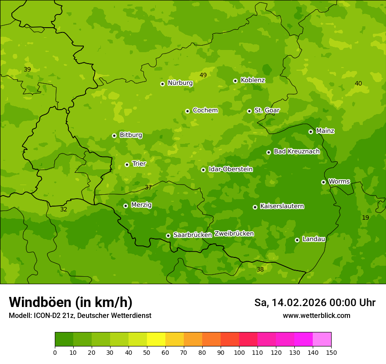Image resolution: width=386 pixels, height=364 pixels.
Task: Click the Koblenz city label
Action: click(x=253, y=80)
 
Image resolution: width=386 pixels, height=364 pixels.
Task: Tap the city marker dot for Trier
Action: click(x=127, y=164)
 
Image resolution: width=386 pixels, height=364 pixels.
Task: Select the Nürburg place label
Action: click(x=180, y=83)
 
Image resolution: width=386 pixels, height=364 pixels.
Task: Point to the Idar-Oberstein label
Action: click(x=230, y=169)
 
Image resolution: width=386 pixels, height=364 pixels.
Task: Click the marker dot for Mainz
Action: click(x=311, y=132)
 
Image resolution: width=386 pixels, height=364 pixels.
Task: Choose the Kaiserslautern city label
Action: click(x=282, y=206)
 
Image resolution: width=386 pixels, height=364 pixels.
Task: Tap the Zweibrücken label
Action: click(x=234, y=234)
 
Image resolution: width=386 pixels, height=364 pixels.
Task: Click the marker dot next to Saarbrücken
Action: click(x=168, y=236)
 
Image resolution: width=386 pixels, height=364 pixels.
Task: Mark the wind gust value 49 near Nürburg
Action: click(x=203, y=75)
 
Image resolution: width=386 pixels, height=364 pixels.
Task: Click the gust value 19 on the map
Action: click(x=365, y=218)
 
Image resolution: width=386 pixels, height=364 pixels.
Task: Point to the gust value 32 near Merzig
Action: click(x=64, y=209)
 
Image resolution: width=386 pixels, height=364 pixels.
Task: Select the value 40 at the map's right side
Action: click(x=358, y=83)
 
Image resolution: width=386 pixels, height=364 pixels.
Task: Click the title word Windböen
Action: click(x=39, y=302)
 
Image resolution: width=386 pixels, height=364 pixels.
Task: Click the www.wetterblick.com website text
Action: click(x=316, y=315)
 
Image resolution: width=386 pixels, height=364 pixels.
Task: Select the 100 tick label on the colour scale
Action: click(x=239, y=352)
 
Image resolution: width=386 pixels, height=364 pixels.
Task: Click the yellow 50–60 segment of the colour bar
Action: click(x=156, y=339)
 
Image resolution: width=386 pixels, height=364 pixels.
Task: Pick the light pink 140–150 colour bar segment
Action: click(x=322, y=339)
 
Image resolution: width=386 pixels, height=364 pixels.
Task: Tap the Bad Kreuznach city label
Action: click(x=297, y=151)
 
